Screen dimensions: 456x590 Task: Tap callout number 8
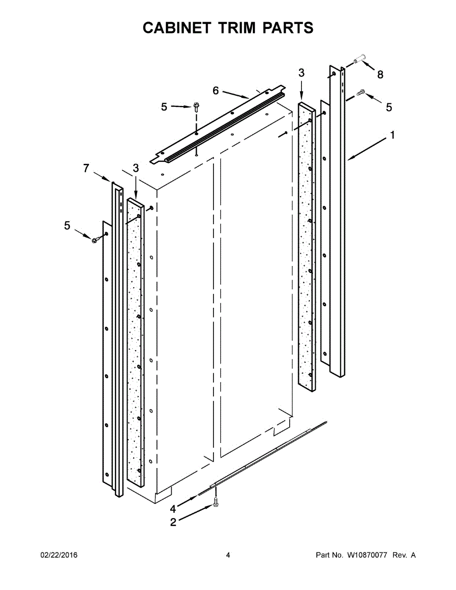point(380,75)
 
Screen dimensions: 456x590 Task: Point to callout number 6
point(215,90)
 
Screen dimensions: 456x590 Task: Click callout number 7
point(87,169)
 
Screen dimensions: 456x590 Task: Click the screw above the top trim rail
point(196,106)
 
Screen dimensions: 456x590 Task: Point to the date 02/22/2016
point(59,555)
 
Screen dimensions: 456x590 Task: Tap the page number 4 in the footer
point(228,555)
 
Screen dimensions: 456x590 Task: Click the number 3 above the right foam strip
point(302,73)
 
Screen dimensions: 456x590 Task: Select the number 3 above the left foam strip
point(136,169)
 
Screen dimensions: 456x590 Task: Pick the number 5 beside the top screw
point(164,107)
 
